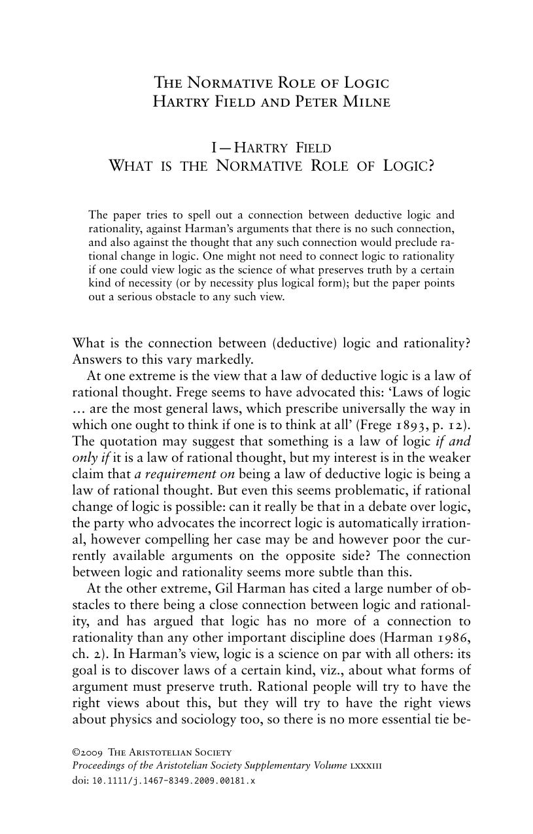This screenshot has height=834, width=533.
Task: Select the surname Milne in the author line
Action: pyautogui.click(x=367, y=102)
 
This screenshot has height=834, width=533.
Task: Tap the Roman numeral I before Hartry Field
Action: pyautogui.click(x=214, y=148)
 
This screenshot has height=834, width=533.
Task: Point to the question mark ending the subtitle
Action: pyautogui.click(x=430, y=165)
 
